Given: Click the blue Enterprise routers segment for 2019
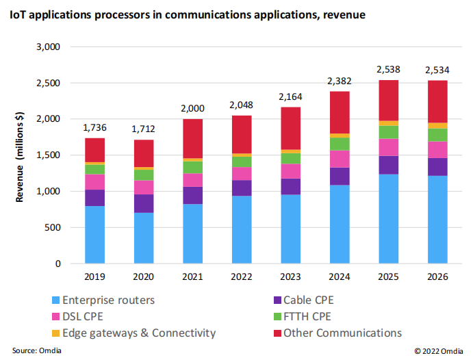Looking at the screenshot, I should point(95,235).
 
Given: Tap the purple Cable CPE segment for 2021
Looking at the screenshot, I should point(194,195).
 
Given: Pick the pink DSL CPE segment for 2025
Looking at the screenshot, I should point(389,147).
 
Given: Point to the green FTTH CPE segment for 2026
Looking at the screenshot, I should point(438,135).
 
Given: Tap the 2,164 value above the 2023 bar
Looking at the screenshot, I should point(292,97).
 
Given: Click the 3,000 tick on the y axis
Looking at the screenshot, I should point(48,47).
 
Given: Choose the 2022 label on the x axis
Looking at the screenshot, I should point(242,277).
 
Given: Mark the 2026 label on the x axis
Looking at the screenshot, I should point(438,277).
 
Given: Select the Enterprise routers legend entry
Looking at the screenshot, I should point(105,299).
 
